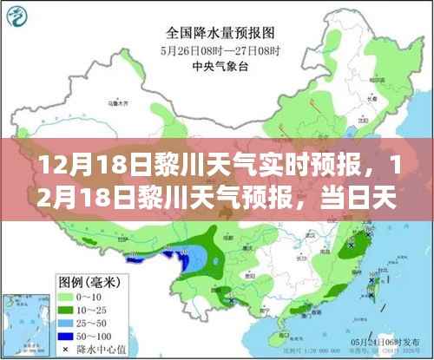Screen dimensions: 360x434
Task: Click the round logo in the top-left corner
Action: point(16,14)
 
